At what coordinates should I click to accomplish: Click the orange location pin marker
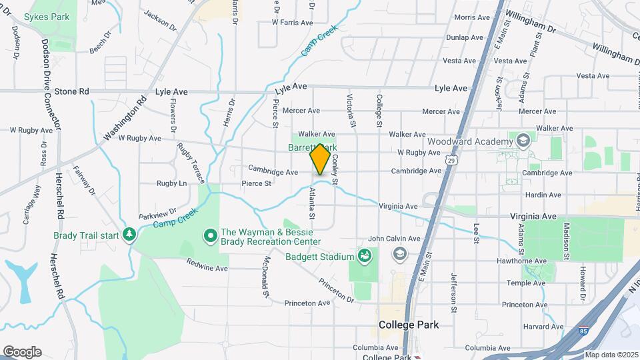pyautogui.click(x=320, y=159)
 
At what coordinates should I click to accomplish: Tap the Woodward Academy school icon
pyautogui.click(x=523, y=140)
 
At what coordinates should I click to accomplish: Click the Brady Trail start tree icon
pyautogui.click(x=129, y=235)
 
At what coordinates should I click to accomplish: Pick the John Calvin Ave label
pyautogui.click(x=394, y=239)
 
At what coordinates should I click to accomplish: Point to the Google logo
pyautogui.click(x=21, y=352)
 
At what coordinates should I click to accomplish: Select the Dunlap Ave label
pyautogui.click(x=464, y=38)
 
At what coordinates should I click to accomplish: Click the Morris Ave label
pyautogui.click(x=472, y=17)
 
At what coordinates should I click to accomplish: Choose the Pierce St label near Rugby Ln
pyautogui.click(x=256, y=183)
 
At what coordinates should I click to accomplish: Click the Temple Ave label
pyautogui.click(x=539, y=283)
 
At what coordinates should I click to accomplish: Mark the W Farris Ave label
pyautogui.click(x=292, y=23)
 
